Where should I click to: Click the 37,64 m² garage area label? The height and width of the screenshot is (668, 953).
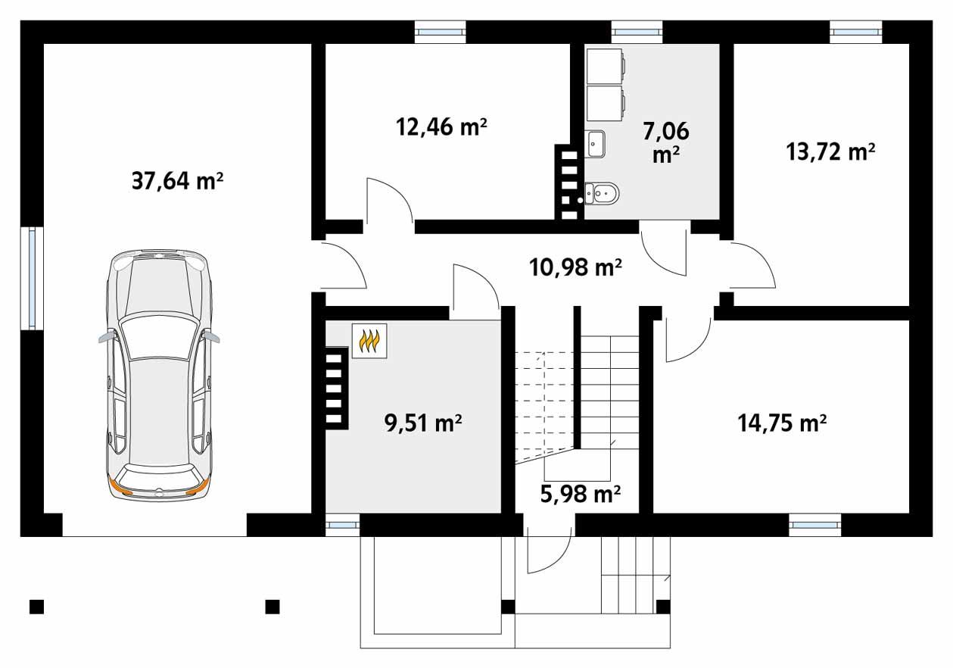point(177,181)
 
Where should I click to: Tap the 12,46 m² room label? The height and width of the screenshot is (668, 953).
point(441,126)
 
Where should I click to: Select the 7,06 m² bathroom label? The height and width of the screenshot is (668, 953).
point(665,142)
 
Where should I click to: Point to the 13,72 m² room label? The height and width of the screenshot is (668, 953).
point(831,152)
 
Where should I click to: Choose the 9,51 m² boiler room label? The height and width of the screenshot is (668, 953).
point(424,423)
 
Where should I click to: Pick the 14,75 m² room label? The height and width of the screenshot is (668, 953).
point(782,422)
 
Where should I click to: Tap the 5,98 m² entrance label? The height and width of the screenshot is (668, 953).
point(581,494)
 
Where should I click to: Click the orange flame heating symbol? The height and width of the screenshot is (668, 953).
point(369,341)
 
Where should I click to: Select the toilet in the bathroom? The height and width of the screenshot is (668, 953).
point(603,195)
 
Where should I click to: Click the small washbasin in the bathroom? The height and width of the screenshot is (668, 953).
point(595,142)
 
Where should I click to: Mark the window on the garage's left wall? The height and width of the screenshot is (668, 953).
point(32,277)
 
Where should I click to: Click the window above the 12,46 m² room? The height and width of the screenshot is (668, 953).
point(440,32)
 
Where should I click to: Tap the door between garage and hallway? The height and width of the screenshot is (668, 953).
point(344,266)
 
